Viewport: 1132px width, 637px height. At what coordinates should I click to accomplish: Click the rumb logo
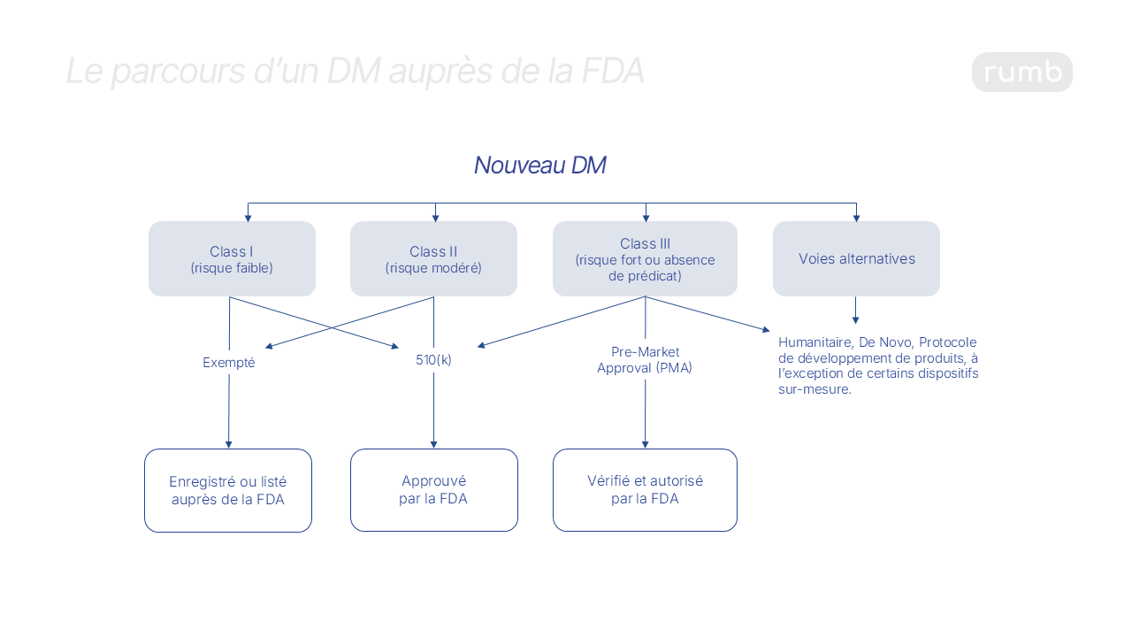coord(1021,73)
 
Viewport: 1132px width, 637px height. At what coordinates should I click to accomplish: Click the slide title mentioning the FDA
coord(355,72)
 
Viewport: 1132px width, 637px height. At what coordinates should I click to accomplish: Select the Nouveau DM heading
coord(539,165)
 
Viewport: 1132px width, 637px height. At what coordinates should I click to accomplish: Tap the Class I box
coord(232,258)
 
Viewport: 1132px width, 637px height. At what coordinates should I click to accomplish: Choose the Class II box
coord(433,258)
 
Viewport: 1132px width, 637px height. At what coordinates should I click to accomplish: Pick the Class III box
coord(645,258)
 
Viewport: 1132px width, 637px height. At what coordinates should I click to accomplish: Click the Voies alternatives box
coord(856,258)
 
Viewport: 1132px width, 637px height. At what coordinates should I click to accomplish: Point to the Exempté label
coord(228,363)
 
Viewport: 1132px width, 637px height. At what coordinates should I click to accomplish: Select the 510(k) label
coord(433,360)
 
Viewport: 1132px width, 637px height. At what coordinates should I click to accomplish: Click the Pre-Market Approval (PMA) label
coord(645,360)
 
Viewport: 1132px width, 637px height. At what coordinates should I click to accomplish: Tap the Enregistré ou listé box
coord(228,490)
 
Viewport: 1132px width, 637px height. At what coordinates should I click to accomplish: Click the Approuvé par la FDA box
coord(433,490)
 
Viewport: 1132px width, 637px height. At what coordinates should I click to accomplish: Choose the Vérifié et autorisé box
coord(645,490)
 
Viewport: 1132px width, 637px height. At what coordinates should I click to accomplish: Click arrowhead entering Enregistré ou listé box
coord(228,444)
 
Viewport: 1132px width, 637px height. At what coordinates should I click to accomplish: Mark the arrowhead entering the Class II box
coord(435,218)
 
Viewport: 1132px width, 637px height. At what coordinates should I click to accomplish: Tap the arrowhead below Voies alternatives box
coord(855,319)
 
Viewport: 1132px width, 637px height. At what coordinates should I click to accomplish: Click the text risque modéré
coord(433,268)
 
